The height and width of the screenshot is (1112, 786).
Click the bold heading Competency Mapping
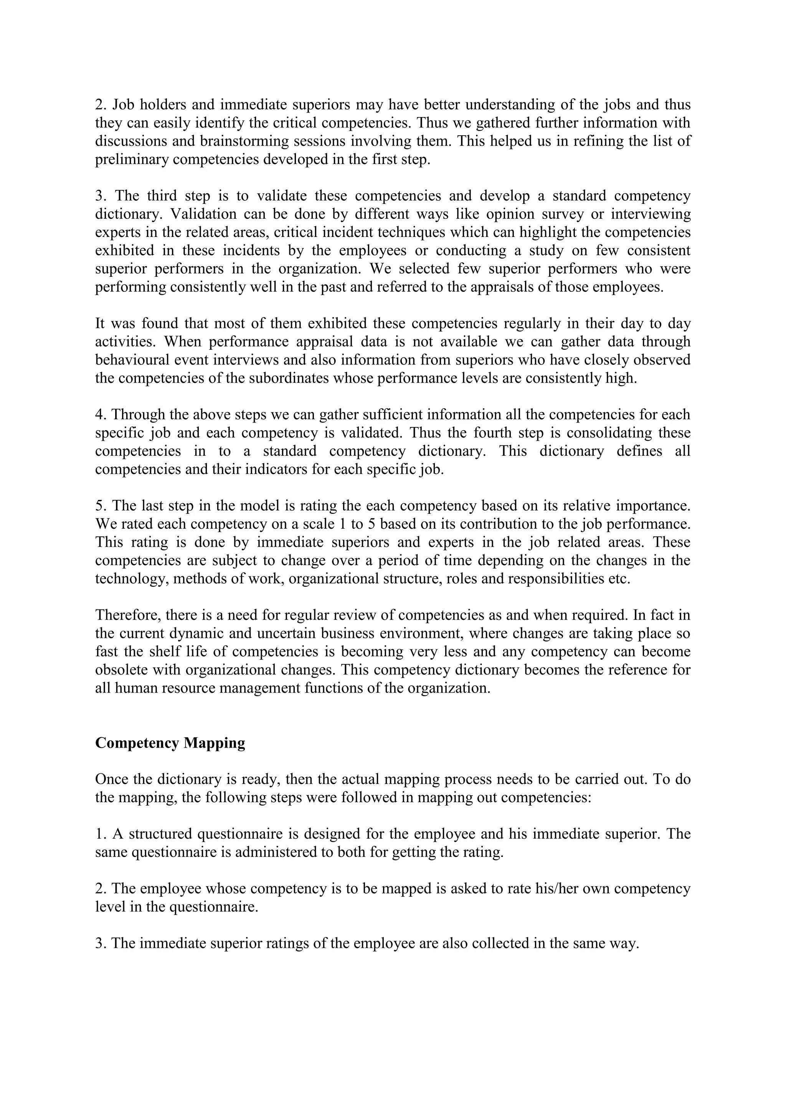pyautogui.click(x=170, y=743)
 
